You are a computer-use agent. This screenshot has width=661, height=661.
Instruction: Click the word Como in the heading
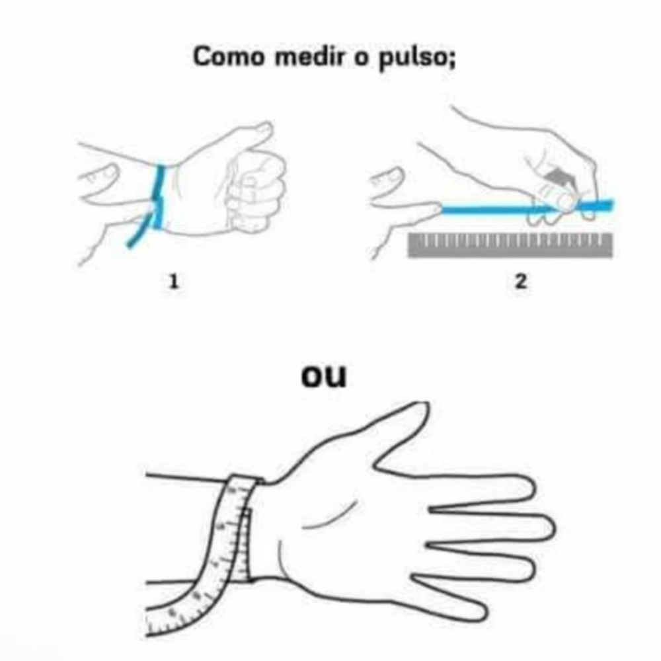228,56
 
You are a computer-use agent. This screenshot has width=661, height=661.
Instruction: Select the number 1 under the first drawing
174,281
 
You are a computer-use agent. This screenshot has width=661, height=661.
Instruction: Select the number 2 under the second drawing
521,281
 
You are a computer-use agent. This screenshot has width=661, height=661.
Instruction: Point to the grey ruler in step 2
510,245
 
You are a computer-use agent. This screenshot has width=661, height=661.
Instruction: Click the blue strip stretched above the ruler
527,208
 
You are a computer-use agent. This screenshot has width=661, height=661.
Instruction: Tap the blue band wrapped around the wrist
158,196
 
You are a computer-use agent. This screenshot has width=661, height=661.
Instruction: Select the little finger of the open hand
451,594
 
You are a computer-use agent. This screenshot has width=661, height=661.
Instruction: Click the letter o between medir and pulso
362,59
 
